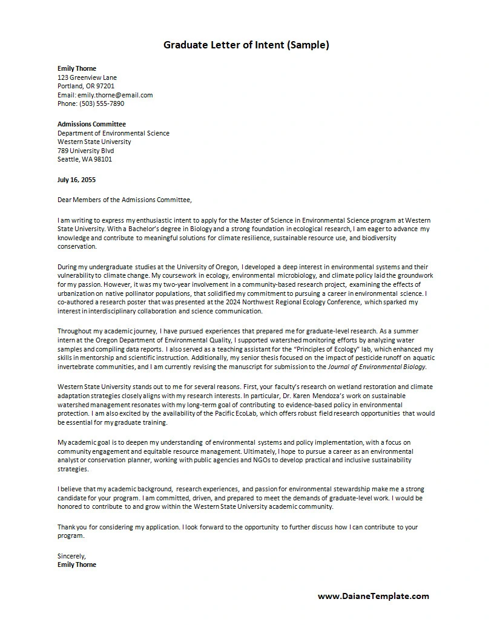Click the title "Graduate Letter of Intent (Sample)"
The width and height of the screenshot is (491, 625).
(246, 45)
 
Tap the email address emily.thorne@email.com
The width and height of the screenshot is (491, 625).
(115, 95)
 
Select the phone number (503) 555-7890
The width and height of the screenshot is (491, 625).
(102, 103)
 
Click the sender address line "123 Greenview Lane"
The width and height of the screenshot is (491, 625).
(87, 77)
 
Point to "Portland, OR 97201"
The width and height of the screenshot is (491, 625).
(86, 86)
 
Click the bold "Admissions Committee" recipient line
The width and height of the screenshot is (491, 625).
(91, 124)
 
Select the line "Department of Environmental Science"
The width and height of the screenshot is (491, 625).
(113, 133)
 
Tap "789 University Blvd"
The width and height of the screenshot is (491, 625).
(85, 151)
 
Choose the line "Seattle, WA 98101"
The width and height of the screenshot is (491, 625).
(85, 159)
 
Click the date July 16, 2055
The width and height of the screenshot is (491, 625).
(76, 180)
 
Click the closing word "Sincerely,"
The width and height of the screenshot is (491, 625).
(71, 555)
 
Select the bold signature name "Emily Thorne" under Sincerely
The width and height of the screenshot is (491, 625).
(77, 564)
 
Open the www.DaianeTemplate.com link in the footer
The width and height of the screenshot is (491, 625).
(373, 596)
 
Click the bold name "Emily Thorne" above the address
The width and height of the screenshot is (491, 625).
(77, 68)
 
